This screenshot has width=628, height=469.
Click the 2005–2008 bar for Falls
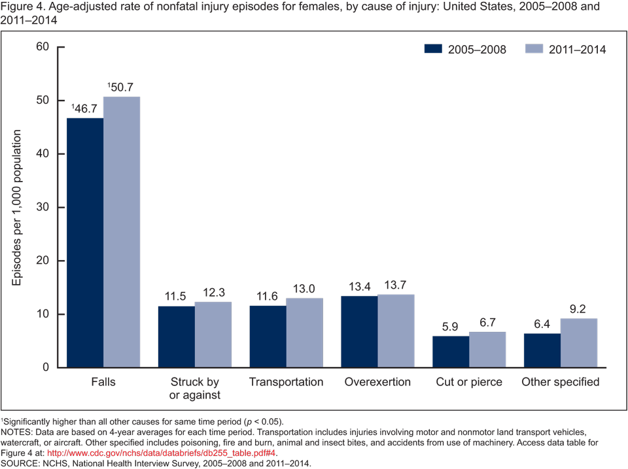85,242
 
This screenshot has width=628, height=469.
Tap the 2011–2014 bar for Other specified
579,343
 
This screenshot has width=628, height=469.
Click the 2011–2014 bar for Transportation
304,332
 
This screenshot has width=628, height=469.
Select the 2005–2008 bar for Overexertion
359,332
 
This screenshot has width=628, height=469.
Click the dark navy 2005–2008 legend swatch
434,50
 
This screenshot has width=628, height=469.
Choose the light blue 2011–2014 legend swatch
535,50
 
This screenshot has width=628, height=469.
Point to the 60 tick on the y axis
43,47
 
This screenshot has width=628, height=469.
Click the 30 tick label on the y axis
43,207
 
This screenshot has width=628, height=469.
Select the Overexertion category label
377,382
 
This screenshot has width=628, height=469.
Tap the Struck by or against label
195,388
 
